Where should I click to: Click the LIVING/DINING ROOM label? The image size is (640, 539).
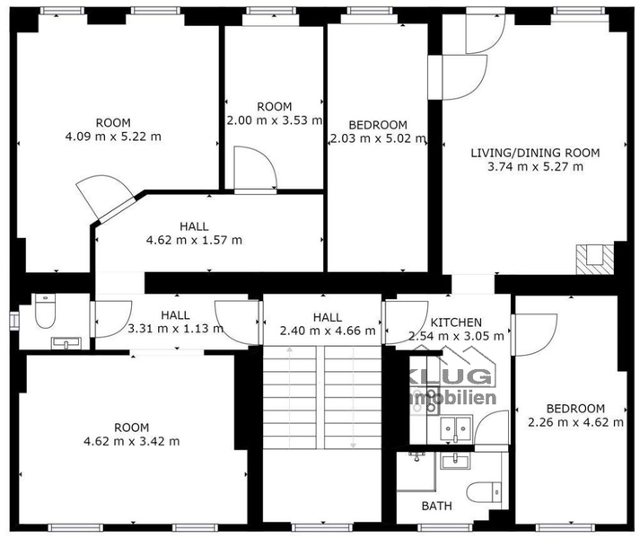point(535,153)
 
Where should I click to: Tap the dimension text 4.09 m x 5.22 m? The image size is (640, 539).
point(113,137)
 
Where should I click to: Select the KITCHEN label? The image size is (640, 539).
point(456,323)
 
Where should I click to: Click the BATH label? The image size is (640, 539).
point(436,506)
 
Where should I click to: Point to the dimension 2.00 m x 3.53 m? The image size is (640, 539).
point(275,120)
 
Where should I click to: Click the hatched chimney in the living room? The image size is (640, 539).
point(595,260)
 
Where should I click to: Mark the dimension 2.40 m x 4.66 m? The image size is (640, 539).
point(328,331)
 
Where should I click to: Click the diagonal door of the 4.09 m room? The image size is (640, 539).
point(104,198)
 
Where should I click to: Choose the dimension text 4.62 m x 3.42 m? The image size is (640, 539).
point(131,441)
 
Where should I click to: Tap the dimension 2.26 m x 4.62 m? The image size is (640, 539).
point(575,422)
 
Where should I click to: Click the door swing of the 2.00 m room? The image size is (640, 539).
point(256,168)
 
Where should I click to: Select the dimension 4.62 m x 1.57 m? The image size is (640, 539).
point(194,240)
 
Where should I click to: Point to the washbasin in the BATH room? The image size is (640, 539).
point(455,461)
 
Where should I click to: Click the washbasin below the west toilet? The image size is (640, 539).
point(66,343)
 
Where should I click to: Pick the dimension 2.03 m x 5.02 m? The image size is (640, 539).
point(378,138)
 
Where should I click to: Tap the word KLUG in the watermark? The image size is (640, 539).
point(452,376)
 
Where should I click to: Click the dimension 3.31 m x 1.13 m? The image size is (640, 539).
point(176,329)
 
